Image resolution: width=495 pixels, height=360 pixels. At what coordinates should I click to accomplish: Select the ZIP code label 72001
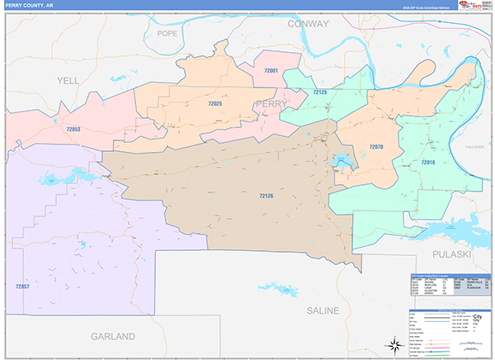click(271, 72)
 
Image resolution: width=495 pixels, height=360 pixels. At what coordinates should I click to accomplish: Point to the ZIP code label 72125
click(320, 92)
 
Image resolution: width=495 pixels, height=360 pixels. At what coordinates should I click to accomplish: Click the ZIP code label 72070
click(375, 146)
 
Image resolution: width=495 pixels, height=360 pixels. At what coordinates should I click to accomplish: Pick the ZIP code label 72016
click(427, 163)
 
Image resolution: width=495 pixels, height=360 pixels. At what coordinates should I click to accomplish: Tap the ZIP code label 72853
click(73, 130)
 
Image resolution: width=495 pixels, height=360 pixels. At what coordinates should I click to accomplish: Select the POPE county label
click(167, 34)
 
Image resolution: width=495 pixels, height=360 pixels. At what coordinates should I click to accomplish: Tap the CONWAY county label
click(308, 24)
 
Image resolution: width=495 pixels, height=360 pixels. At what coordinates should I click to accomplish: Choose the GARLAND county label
click(112, 337)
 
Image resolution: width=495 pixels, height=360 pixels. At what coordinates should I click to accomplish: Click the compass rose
click(389, 344)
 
